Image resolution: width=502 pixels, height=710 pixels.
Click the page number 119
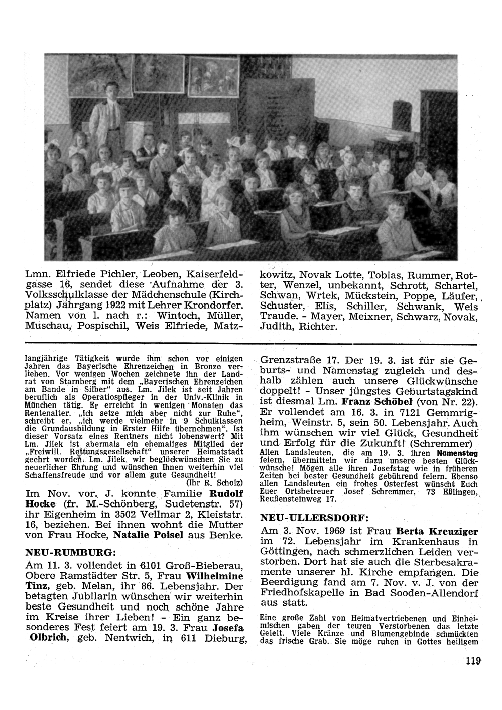tap(472, 661)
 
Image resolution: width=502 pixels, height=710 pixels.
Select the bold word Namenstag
tap(456, 453)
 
